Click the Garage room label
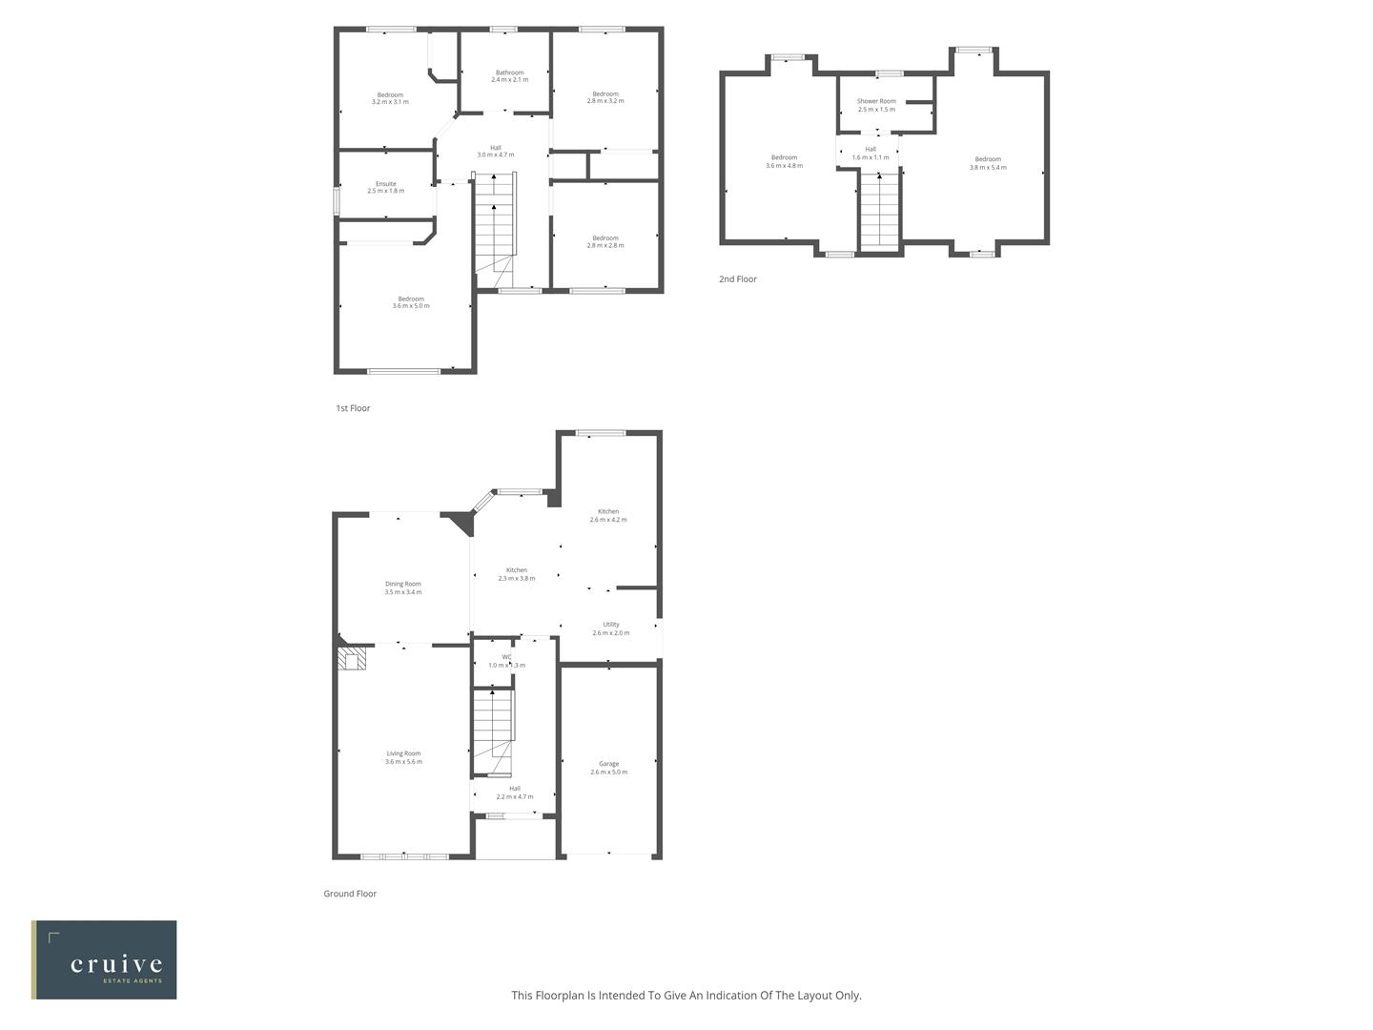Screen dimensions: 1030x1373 pyautogui.click(x=608, y=764)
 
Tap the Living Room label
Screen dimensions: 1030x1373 pyautogui.click(x=403, y=753)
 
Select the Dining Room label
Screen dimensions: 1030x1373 pyautogui.click(x=402, y=584)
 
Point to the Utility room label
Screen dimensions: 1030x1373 pyautogui.click(x=610, y=625)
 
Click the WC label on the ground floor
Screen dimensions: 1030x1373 pyautogui.click(x=506, y=657)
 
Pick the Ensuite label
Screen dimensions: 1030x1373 pyautogui.click(x=385, y=184)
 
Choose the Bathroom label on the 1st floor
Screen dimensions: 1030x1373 pyautogui.click(x=509, y=72)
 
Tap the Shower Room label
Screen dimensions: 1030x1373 pyautogui.click(x=876, y=101)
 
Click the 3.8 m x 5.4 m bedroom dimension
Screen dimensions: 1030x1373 pyautogui.click(x=988, y=168)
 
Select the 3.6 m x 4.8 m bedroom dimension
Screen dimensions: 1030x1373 pyautogui.click(x=784, y=166)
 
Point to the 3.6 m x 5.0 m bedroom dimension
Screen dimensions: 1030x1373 pyautogui.click(x=411, y=306)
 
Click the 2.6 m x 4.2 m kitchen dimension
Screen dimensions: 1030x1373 pyautogui.click(x=608, y=520)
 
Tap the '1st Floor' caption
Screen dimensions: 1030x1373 pyautogui.click(x=353, y=408)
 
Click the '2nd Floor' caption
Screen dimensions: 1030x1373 pyautogui.click(x=738, y=279)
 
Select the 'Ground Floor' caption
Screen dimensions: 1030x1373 pyautogui.click(x=350, y=894)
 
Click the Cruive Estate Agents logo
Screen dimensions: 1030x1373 pyautogui.click(x=104, y=959)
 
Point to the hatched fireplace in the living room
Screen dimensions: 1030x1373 pyautogui.click(x=353, y=660)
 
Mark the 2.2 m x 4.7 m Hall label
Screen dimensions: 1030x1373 pyautogui.click(x=515, y=796)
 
